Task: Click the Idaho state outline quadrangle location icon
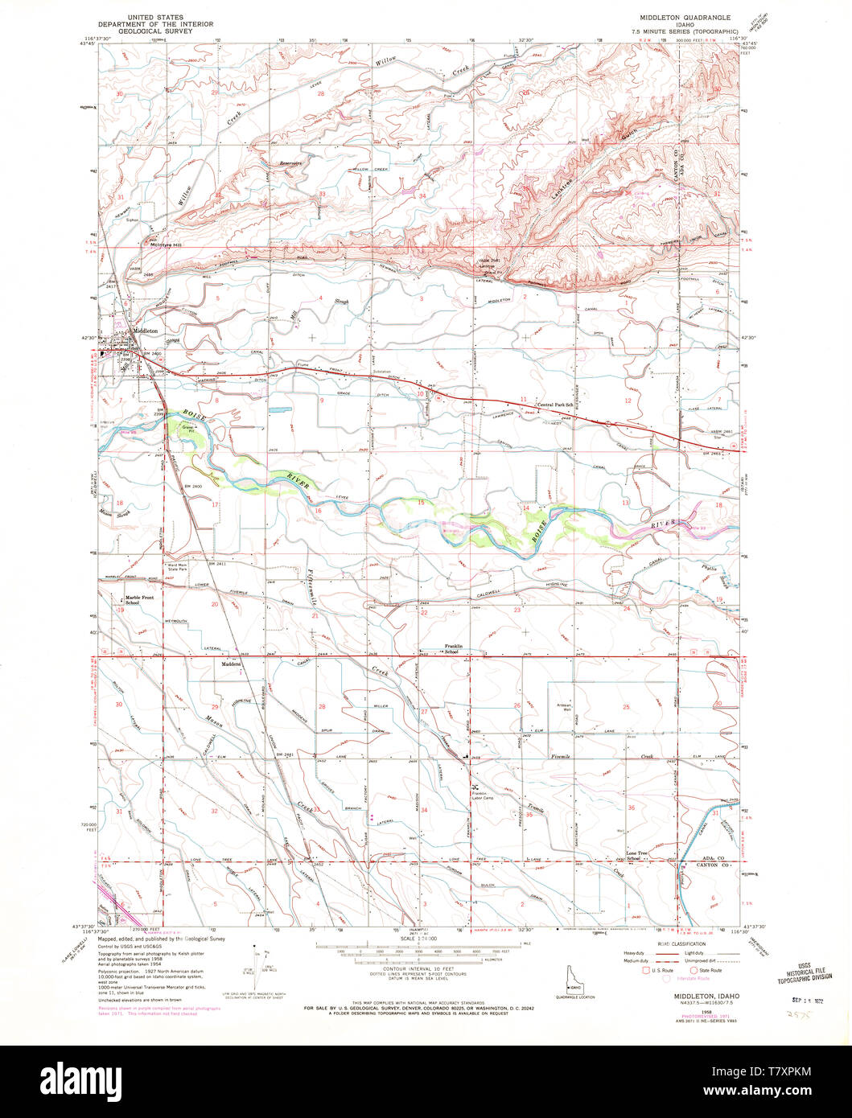point(572,974)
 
